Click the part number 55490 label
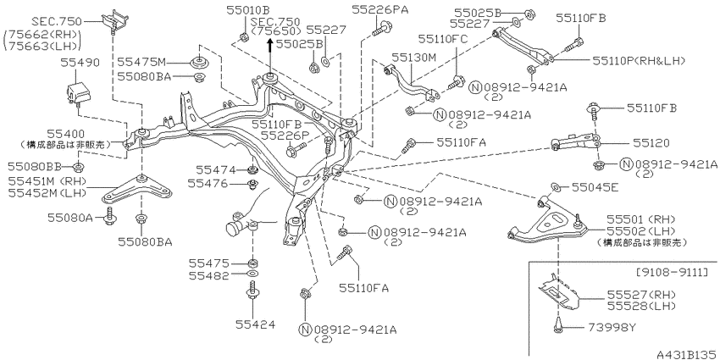click(x=80, y=63)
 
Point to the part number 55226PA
click(x=379, y=8)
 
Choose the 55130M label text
click(x=413, y=57)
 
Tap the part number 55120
click(x=653, y=144)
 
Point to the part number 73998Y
click(x=612, y=328)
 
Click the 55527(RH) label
click(x=642, y=294)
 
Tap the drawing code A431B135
click(x=687, y=354)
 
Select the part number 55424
click(x=255, y=324)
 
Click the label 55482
click(x=208, y=276)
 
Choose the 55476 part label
click(x=207, y=184)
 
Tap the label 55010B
click(x=247, y=9)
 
